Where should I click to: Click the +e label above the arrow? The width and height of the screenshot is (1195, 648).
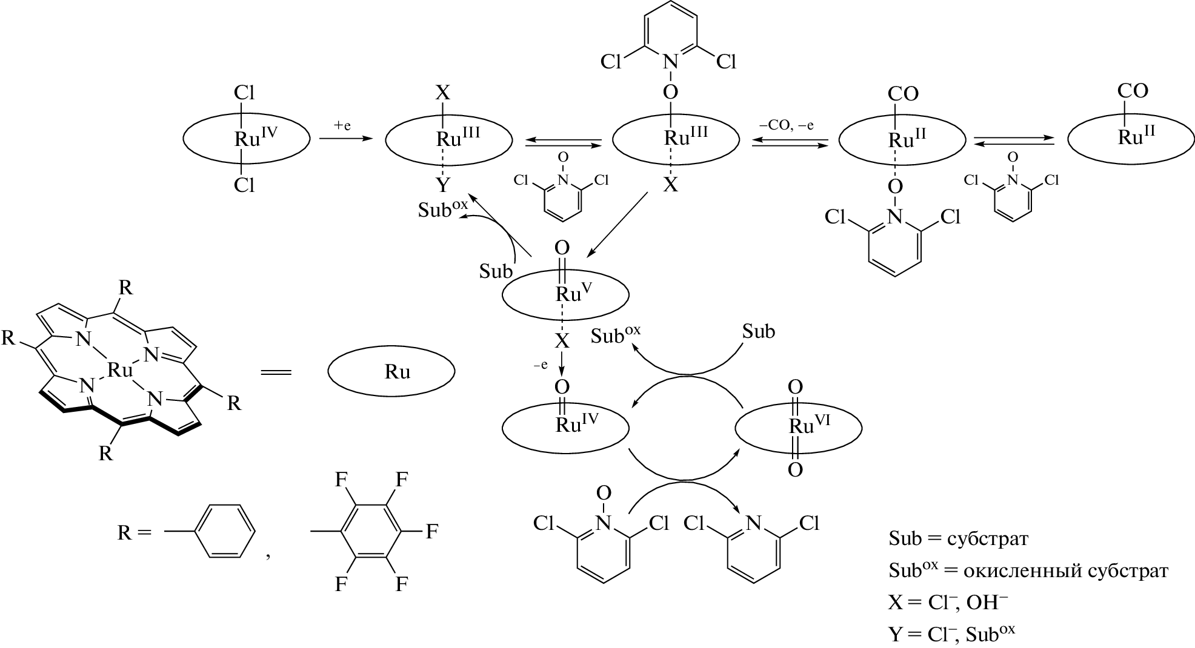pos(342,125)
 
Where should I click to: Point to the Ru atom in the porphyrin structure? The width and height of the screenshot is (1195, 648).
pos(119,369)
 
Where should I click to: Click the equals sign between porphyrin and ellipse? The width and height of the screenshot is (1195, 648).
pos(276,372)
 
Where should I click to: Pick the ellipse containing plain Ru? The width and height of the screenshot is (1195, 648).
pos(391,372)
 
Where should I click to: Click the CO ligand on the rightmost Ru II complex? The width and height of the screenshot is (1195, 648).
pos(1132,91)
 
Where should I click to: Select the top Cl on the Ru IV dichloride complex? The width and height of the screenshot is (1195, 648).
pos(244,92)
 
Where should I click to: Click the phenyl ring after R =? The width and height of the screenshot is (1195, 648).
pos(224,532)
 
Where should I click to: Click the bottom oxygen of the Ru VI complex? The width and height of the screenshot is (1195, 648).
pos(795,469)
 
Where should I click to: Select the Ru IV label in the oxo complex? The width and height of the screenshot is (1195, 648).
pos(576,425)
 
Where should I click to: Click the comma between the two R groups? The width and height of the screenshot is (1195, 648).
pos(267,554)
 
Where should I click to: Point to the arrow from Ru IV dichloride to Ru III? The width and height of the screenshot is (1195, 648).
pos(345,139)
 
